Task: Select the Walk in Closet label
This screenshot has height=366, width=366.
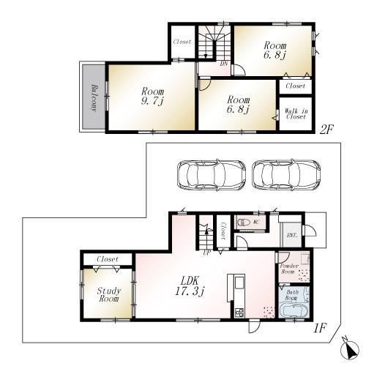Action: tap(295, 113)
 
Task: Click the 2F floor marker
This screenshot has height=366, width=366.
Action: tap(326, 130)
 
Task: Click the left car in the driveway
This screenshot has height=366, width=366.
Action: tap(210, 176)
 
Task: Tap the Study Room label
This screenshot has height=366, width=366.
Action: tap(108, 294)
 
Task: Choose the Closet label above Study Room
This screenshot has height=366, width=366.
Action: tap(107, 259)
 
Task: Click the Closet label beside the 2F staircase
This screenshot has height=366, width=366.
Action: tap(182, 42)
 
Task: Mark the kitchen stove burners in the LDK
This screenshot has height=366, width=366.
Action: tap(238, 313)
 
